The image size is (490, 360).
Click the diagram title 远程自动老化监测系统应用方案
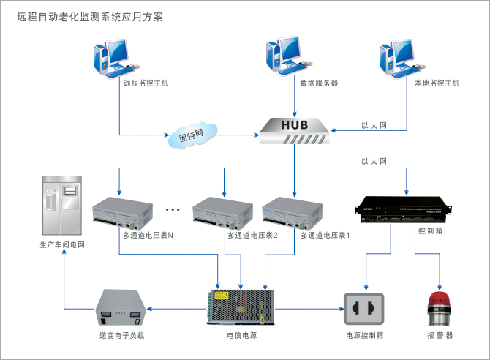90,15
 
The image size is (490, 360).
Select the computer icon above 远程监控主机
114,57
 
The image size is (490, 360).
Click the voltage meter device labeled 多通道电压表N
121,213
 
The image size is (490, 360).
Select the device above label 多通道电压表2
221,213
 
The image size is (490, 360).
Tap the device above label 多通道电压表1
293,213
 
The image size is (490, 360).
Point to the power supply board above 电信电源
242,307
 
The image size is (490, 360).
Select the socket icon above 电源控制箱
363,309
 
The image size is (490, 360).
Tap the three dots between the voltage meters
173,210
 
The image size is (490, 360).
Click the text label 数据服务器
319,83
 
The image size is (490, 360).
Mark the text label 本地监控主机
437,83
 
